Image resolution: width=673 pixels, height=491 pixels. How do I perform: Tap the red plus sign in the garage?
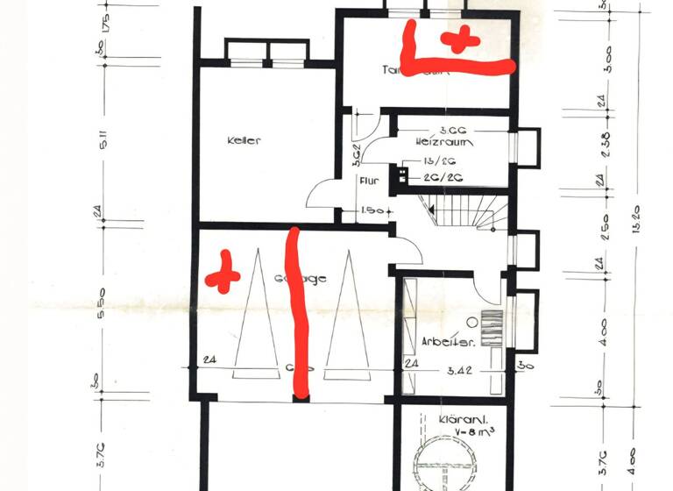click(x=223, y=272)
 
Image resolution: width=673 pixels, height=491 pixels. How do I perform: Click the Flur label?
click(x=368, y=182)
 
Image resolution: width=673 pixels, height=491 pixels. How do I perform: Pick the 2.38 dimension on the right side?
click(x=606, y=140)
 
